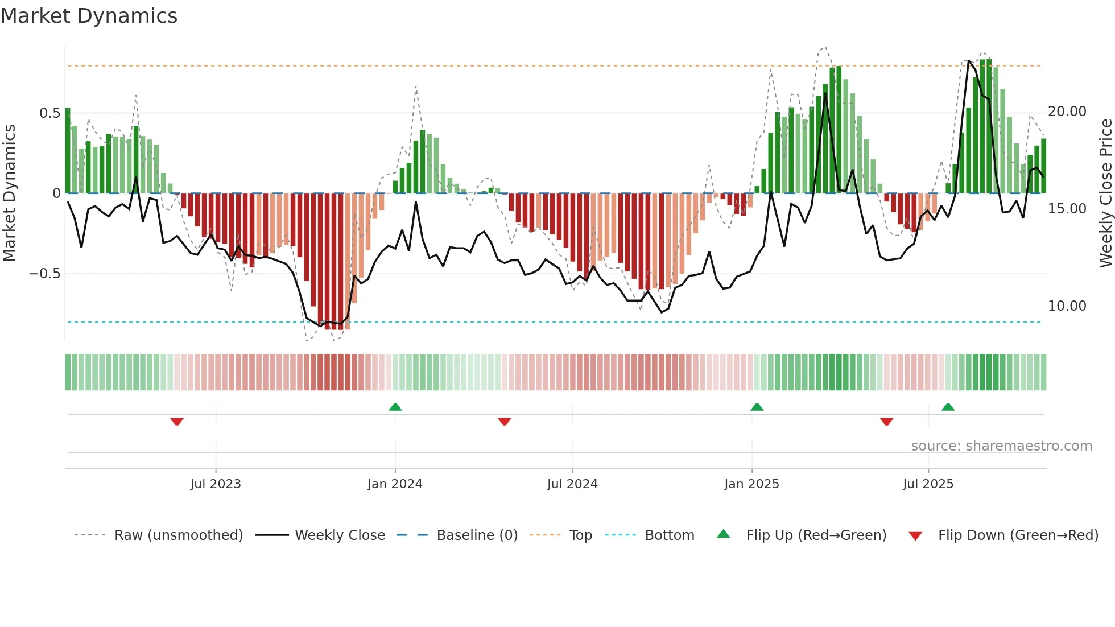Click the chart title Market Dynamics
89,16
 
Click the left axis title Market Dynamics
9,193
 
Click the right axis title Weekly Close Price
1105,193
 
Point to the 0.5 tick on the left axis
49,113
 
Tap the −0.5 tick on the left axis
44,274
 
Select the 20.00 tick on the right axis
1067,112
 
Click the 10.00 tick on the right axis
1067,306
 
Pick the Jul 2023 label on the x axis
216,484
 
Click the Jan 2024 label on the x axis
395,484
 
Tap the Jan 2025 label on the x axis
751,484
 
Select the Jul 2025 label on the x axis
928,484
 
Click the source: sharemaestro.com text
1001,446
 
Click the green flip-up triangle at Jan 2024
395,407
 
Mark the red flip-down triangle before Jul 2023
177,422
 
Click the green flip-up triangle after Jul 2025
948,407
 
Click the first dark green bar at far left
68,151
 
